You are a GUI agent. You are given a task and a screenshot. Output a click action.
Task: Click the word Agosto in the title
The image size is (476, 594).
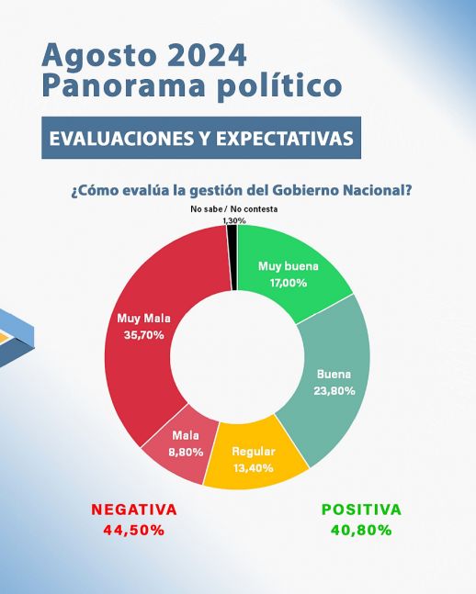(99, 56)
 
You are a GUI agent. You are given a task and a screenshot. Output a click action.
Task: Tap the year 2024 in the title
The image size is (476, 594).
(207, 55)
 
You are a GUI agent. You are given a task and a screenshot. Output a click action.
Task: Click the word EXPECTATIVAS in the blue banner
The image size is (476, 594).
(285, 139)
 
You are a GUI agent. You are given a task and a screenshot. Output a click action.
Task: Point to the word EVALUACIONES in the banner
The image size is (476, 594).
(121, 139)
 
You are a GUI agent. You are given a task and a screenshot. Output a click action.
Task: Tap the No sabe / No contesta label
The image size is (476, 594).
(234, 209)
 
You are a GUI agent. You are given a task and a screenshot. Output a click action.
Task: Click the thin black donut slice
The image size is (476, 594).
(232, 258)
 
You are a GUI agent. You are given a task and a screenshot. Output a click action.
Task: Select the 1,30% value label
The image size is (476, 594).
(234, 220)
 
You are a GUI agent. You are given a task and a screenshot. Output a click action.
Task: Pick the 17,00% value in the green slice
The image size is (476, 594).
(289, 283)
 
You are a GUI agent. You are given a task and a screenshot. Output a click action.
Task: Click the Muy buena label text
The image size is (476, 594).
(289, 266)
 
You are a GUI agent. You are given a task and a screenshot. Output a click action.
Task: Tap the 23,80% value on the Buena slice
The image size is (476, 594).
(334, 390)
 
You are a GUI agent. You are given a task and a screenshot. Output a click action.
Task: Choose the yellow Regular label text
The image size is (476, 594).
(254, 452)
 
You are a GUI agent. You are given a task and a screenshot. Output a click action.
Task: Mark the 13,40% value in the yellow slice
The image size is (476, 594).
(254, 468)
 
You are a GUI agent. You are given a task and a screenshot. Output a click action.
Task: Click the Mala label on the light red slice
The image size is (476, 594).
(186, 436)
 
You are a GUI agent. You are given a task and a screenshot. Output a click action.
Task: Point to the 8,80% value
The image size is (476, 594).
(186, 452)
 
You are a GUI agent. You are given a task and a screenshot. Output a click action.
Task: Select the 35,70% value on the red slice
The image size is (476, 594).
(143, 335)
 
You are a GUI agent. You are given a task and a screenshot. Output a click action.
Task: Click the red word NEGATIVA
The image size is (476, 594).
(134, 510)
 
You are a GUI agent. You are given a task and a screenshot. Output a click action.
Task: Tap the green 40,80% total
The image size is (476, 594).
(361, 530)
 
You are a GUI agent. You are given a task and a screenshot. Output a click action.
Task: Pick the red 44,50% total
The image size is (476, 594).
(134, 530)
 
